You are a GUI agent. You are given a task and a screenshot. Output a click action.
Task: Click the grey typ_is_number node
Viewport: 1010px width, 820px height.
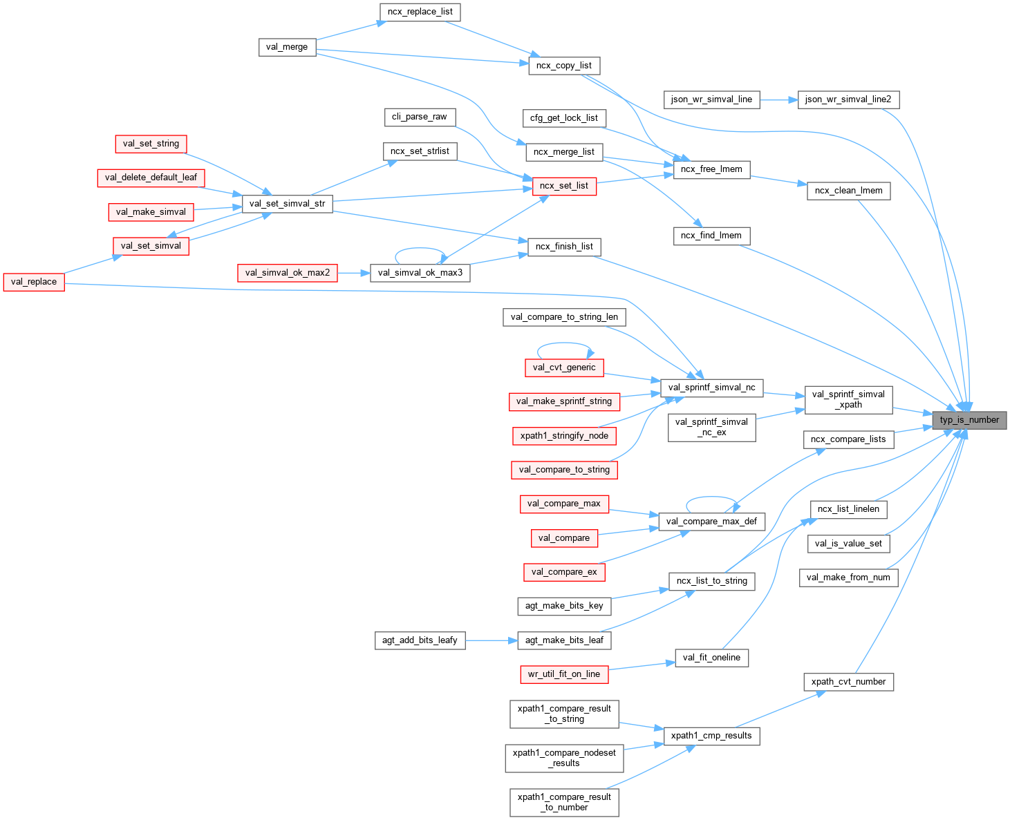pos(969,420)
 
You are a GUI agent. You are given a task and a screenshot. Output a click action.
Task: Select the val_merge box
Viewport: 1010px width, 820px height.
pos(287,47)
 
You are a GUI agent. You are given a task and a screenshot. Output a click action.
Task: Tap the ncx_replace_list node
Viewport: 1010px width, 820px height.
pos(420,12)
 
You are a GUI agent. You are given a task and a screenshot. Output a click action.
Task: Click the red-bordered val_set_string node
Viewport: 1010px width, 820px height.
pos(151,144)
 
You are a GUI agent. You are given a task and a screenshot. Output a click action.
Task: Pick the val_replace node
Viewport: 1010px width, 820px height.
pos(34,282)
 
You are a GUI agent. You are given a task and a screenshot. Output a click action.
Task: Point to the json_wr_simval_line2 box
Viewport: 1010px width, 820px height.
pos(848,99)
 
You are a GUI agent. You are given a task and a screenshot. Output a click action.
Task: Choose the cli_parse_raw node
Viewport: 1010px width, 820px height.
pos(419,117)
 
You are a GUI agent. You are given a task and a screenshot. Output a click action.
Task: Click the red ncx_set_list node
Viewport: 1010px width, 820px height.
pos(563,186)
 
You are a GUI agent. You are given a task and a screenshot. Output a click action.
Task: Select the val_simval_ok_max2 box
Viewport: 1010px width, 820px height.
pos(288,273)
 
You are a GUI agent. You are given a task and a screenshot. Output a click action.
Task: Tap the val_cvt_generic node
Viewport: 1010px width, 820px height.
pos(563,368)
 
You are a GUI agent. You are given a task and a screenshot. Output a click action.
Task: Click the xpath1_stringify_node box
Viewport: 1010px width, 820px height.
pos(563,436)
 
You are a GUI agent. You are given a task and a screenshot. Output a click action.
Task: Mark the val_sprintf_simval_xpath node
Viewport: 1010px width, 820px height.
pos(848,399)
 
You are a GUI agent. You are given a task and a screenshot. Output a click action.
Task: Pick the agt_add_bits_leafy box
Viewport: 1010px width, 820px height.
pos(420,640)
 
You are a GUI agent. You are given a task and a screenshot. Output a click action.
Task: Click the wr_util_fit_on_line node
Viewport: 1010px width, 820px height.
pos(563,674)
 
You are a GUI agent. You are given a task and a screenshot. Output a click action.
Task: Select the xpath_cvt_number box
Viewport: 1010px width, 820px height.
pos(848,682)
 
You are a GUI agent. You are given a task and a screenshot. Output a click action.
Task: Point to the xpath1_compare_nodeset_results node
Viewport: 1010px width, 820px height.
pos(563,758)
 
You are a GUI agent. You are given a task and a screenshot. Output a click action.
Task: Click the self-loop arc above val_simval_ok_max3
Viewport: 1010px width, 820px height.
pos(420,250)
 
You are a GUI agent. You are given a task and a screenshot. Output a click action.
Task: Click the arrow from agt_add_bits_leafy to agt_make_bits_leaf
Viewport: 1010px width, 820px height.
pos(491,640)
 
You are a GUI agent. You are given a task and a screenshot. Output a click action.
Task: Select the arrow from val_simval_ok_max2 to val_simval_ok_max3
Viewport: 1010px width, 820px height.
pos(354,273)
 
